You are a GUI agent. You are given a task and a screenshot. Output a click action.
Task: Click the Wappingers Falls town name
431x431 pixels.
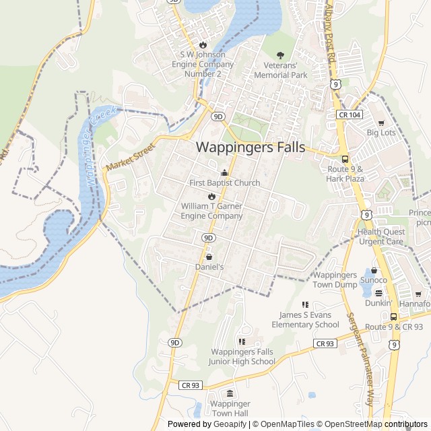click(x=250, y=147)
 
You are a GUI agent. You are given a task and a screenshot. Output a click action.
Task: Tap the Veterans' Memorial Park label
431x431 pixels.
click(x=281, y=70)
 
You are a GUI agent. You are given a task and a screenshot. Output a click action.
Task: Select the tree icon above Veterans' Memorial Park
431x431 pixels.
click(x=281, y=55)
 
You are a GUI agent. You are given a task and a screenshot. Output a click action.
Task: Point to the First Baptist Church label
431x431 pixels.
click(x=224, y=183)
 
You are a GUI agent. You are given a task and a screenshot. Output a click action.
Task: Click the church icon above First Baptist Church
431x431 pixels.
click(x=224, y=172)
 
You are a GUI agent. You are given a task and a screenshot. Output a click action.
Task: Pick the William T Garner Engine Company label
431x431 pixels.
click(x=211, y=211)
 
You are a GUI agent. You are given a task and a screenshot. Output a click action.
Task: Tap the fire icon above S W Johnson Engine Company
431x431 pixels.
click(x=202, y=44)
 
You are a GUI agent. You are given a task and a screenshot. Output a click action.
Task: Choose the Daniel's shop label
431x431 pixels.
click(x=209, y=267)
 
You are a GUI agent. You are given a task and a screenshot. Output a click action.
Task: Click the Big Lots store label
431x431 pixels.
click(x=381, y=133)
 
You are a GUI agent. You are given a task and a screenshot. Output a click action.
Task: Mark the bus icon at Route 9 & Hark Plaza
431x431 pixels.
click(x=345, y=160)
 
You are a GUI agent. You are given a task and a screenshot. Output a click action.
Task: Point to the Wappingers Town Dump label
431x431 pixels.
click(x=335, y=279)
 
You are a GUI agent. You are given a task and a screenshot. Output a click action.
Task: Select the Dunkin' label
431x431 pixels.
click(x=378, y=302)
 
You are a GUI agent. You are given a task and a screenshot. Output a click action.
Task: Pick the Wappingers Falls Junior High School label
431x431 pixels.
click(x=242, y=356)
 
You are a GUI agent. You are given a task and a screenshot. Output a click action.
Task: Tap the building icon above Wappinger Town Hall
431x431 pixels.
click(x=230, y=393)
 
